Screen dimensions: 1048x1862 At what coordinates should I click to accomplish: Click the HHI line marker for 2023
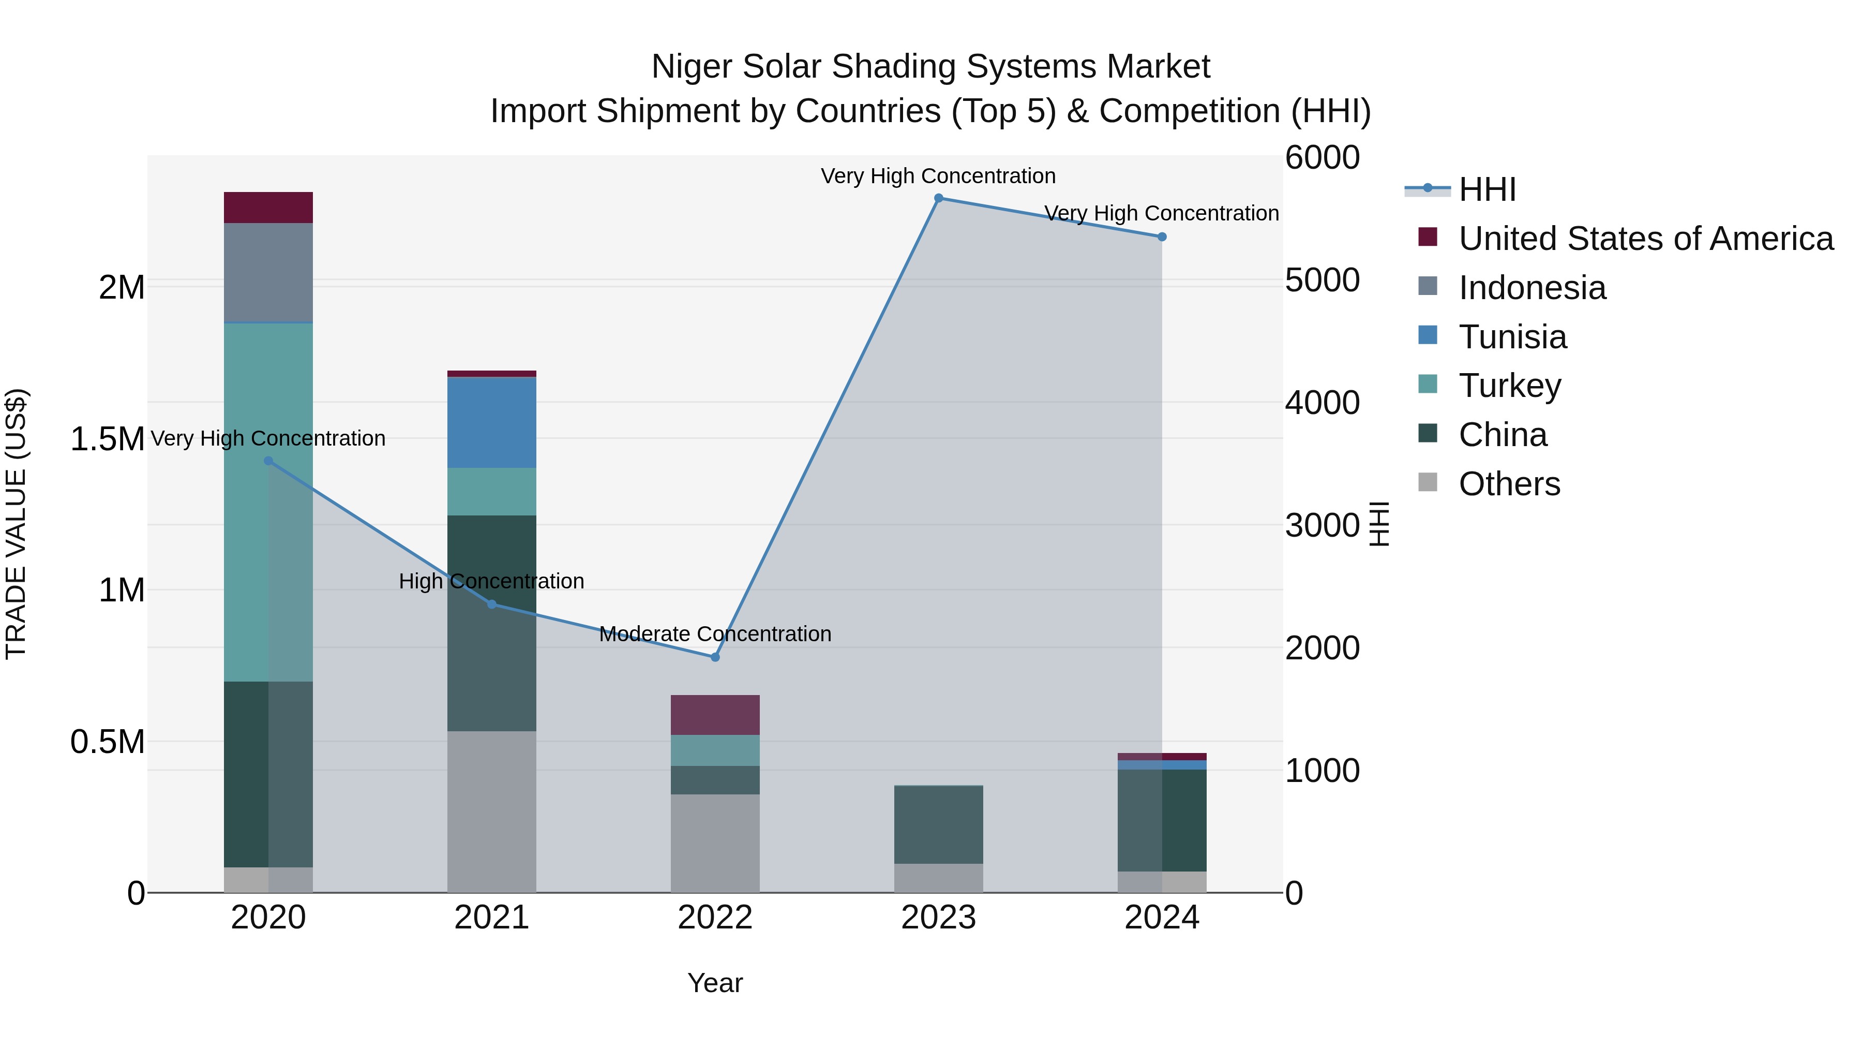(x=938, y=198)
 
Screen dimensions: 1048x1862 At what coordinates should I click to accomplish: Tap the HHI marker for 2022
(x=715, y=657)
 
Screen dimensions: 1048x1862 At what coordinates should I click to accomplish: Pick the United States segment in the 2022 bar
(x=715, y=715)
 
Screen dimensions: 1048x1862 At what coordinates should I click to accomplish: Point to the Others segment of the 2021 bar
(x=491, y=811)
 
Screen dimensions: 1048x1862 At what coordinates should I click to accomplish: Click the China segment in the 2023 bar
(x=938, y=824)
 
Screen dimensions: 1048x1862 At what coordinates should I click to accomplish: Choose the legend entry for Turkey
(x=1509, y=386)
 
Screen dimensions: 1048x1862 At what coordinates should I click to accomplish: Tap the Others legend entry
(x=1509, y=484)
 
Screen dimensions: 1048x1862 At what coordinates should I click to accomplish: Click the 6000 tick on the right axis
(x=1322, y=158)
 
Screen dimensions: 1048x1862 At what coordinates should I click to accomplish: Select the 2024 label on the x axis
(x=1162, y=918)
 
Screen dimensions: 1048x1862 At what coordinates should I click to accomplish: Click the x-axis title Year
(x=715, y=983)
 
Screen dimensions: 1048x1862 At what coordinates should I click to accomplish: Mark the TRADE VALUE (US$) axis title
(x=16, y=524)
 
